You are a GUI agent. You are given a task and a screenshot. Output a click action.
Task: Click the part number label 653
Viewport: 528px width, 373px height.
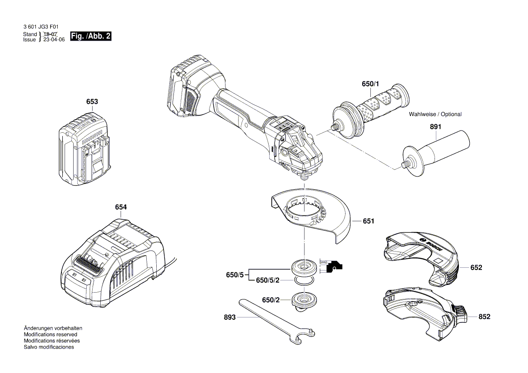92,102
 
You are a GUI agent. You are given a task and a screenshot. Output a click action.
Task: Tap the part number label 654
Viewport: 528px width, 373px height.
121,207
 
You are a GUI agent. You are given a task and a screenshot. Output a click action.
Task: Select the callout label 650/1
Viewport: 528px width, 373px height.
371,84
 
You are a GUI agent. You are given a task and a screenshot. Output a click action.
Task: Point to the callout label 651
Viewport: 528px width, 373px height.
369,221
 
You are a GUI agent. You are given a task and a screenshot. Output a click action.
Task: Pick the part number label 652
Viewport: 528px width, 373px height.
476,268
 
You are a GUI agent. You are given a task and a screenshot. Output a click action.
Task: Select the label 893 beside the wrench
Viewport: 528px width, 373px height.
230,317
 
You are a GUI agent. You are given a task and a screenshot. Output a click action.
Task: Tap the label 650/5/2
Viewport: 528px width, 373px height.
268,280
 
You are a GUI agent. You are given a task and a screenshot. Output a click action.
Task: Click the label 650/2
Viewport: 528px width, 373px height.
271,300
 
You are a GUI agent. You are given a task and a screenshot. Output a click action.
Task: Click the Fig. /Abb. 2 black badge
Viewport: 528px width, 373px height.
91,37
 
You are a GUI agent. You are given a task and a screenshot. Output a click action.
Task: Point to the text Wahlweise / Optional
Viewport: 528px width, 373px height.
435,114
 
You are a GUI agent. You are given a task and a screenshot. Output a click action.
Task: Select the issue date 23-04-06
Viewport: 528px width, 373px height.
54,40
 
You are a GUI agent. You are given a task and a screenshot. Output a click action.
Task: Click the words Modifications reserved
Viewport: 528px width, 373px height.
50,335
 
